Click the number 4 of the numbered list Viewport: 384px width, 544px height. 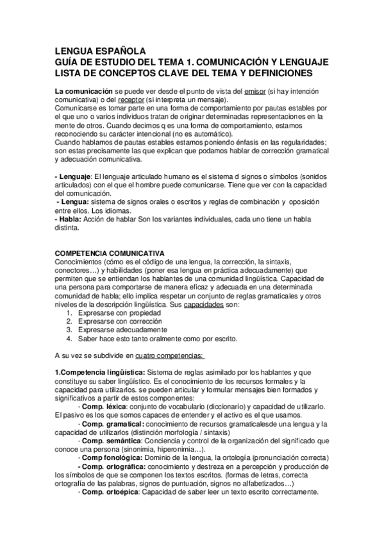(69, 339)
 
